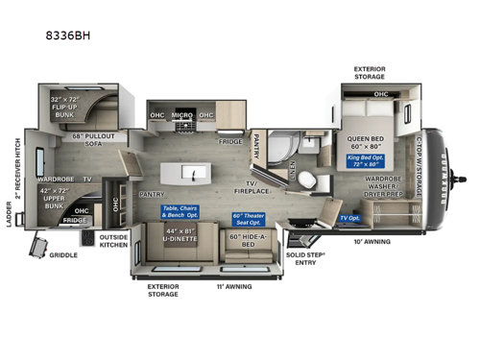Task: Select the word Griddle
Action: click(x=63, y=255)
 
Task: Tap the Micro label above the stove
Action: click(x=182, y=117)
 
